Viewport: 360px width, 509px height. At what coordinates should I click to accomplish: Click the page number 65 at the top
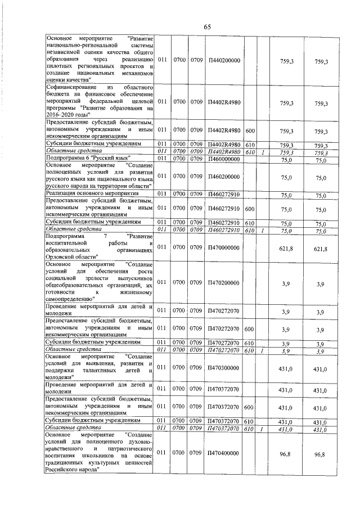tap(206, 27)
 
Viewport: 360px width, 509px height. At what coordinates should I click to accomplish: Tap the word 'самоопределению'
tap(67, 299)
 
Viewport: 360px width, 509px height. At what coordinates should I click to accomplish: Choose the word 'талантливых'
tap(107, 371)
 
